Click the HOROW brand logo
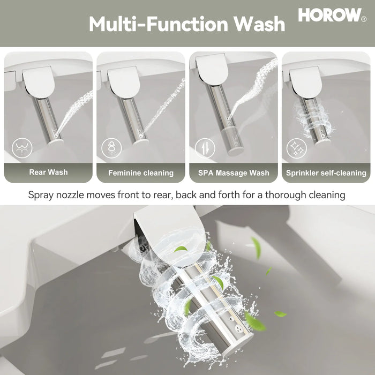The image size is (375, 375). tap(329, 15)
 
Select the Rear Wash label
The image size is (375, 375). tap(48, 172)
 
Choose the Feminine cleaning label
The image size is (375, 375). tap(141, 173)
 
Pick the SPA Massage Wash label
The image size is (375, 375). tap(234, 173)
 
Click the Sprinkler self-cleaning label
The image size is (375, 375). tap(326, 173)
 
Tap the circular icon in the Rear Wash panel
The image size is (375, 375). tap(21, 148)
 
